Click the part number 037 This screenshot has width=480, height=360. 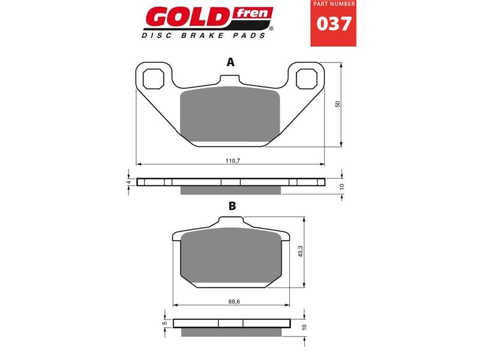tap(334, 24)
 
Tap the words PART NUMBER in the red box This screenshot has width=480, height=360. tap(334, 4)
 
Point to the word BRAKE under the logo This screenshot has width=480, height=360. tap(202, 35)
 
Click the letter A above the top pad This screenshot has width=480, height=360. tap(230, 62)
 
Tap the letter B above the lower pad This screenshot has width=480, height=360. tap(232, 206)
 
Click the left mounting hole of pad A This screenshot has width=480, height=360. tap(154, 79)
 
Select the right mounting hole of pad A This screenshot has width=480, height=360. tap(306, 79)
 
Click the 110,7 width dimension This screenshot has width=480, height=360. tap(233, 161)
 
